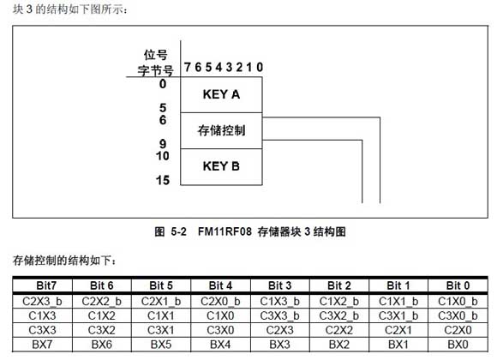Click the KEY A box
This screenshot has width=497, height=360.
(x=221, y=94)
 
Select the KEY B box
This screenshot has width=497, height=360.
(x=221, y=166)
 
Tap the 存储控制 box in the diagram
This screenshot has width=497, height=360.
(x=221, y=130)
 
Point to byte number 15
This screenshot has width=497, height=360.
(x=163, y=180)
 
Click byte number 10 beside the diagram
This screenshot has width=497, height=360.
(x=163, y=156)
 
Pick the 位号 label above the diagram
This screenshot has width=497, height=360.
(x=155, y=55)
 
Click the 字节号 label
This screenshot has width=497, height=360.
(x=155, y=70)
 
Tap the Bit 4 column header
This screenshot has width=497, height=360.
(x=220, y=285)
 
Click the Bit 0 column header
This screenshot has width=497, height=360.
(x=458, y=285)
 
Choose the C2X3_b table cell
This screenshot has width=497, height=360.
(x=43, y=302)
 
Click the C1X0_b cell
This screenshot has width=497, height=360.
(x=458, y=302)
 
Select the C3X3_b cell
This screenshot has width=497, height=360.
(x=280, y=316)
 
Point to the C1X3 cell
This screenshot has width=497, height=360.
(x=43, y=316)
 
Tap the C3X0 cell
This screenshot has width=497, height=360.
(x=220, y=330)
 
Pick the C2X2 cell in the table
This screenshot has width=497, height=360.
(x=339, y=330)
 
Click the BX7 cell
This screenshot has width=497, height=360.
(x=43, y=345)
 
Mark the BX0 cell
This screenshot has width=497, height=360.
(x=458, y=345)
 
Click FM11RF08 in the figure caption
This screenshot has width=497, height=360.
(x=225, y=231)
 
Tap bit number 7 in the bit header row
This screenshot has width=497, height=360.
(x=188, y=67)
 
